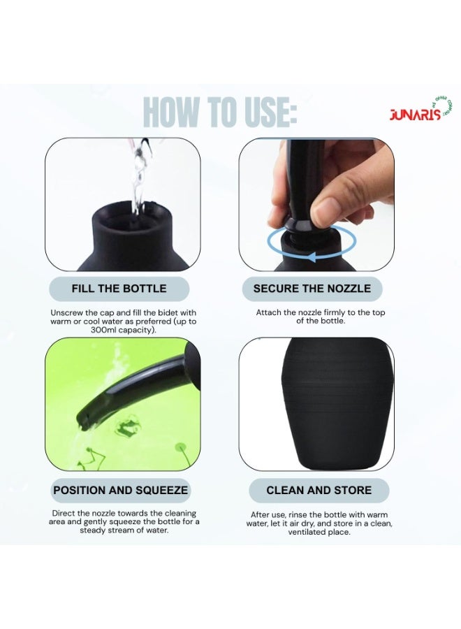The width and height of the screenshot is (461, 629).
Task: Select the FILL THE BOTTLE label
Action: (x=119, y=289)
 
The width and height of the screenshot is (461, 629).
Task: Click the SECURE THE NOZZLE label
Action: (x=312, y=289)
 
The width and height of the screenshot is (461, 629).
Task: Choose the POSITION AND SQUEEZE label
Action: (x=121, y=490)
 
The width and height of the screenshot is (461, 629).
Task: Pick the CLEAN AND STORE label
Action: (x=319, y=490)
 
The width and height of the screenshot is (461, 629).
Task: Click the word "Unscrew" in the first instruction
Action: (x=67, y=312)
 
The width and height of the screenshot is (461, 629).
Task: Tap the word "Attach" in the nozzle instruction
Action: (x=269, y=312)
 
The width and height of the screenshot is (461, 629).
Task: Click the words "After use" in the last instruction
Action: (x=268, y=515)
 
